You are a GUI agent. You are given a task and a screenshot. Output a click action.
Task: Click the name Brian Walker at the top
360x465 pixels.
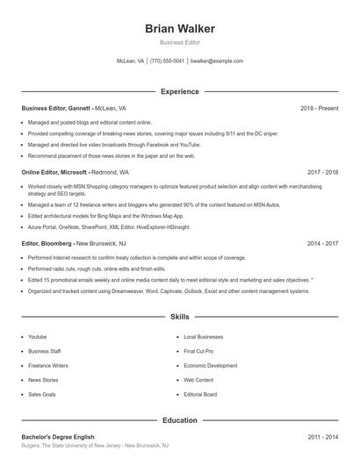[x=180, y=29]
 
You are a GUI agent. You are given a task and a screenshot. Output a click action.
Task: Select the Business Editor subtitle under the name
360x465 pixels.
[x=180, y=42]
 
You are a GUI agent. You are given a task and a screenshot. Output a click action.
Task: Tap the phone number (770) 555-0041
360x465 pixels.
[x=167, y=61]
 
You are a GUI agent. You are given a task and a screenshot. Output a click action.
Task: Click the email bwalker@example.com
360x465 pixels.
[x=217, y=61]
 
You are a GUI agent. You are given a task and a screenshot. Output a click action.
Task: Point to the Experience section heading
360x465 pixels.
[x=180, y=91]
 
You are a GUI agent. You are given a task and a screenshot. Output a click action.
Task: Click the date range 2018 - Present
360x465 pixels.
[x=319, y=108]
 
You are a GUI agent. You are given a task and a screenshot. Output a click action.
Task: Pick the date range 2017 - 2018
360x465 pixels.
[x=322, y=173]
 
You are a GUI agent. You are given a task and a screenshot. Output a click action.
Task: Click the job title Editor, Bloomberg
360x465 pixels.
[x=47, y=243]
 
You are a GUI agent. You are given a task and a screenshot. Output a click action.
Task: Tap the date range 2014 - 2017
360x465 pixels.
[x=322, y=243]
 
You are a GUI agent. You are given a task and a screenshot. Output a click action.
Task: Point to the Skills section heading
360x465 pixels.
[x=180, y=316]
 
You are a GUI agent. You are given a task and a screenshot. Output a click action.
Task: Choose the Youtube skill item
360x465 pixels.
[x=38, y=337]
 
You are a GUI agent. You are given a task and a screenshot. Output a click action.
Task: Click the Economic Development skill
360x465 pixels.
[x=211, y=366]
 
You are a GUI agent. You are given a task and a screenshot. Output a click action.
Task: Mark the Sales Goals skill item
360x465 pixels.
[x=42, y=395]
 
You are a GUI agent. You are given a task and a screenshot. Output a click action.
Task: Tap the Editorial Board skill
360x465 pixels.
[x=201, y=395]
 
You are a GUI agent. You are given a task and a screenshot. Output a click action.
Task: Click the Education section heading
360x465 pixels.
[x=180, y=420]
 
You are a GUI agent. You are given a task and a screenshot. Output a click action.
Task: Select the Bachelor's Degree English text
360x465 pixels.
[x=57, y=437]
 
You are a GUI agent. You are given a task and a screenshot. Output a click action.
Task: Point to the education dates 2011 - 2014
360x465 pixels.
[x=322, y=437]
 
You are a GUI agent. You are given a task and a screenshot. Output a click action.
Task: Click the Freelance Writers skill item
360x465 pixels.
[x=48, y=366]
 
